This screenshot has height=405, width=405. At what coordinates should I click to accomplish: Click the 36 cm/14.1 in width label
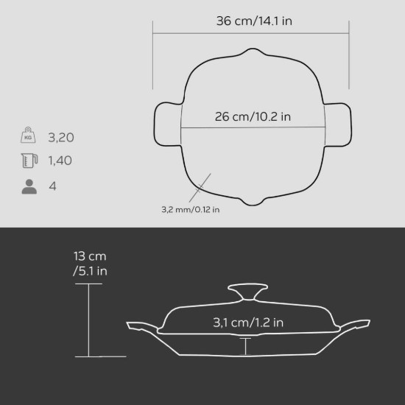click(254, 21)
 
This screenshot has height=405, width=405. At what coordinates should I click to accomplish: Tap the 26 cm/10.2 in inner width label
click(253, 116)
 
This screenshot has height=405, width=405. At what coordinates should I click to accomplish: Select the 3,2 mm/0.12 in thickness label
click(191, 209)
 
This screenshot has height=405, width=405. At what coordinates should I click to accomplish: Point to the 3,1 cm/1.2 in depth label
click(248, 323)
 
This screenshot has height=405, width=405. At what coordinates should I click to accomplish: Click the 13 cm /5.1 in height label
click(90, 264)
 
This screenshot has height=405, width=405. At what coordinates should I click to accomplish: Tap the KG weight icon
click(28, 135)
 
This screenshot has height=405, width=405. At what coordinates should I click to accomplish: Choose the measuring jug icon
click(29, 161)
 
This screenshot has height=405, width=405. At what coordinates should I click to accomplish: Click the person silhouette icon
click(29, 186)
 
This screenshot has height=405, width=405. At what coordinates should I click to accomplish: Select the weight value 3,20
click(61, 138)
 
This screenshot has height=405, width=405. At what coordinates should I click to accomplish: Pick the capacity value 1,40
click(60, 161)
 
